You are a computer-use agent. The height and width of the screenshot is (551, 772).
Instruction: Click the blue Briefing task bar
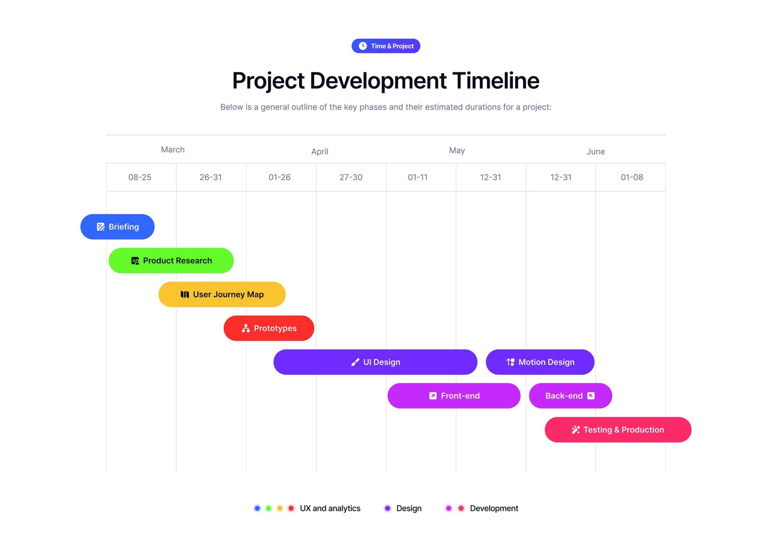pyautogui.click(x=117, y=227)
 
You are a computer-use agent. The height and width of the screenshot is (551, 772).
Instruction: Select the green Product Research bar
pyautogui.click(x=171, y=260)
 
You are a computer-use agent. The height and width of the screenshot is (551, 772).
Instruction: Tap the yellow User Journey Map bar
pyautogui.click(x=222, y=295)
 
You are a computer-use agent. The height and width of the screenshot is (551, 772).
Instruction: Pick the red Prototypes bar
pyautogui.click(x=269, y=328)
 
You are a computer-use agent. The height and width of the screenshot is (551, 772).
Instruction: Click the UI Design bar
pyautogui.click(x=375, y=362)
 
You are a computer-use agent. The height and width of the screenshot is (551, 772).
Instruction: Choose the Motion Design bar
pyautogui.click(x=540, y=362)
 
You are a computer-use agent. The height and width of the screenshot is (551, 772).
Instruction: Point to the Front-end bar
pyautogui.click(x=454, y=396)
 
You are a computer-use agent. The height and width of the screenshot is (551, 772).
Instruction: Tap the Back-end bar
pyautogui.click(x=570, y=396)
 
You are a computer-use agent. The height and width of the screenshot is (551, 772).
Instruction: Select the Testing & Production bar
pyautogui.click(x=618, y=430)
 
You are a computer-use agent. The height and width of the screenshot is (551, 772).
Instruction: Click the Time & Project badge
pyautogui.click(x=386, y=46)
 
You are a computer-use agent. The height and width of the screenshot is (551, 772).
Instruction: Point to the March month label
pyautogui.click(x=173, y=149)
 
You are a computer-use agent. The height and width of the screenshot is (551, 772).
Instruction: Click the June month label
pyautogui.click(x=595, y=151)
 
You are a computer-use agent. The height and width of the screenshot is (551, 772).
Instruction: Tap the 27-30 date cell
pyautogui.click(x=351, y=177)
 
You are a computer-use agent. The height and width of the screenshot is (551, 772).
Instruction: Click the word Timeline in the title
pyautogui.click(x=496, y=81)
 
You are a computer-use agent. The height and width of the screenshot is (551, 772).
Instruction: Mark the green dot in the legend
pyautogui.click(x=268, y=508)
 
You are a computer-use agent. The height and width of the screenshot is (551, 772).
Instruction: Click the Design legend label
pyautogui.click(x=409, y=508)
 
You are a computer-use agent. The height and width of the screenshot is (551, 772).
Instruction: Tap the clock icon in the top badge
pyautogui.click(x=362, y=46)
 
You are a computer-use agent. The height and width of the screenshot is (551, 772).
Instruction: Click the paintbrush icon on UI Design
pyautogui.click(x=355, y=363)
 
